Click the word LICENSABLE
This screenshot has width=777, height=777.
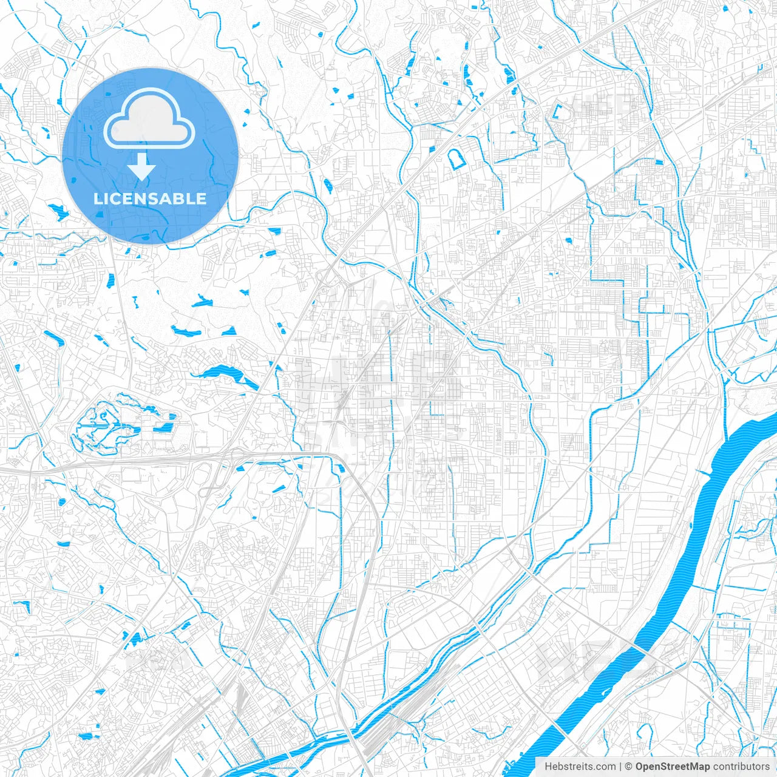(150, 198)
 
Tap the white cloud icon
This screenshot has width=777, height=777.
(149, 120)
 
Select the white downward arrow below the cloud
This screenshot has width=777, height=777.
(141, 167)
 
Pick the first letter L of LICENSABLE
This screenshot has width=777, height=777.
(98, 198)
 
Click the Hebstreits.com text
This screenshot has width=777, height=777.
(580, 767)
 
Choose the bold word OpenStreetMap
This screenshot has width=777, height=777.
(672, 767)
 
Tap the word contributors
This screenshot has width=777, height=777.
(741, 767)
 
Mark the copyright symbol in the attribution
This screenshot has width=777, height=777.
(629, 767)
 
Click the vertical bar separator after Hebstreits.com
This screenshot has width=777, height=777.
(620, 767)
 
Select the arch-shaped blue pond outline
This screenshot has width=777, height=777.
(456, 159)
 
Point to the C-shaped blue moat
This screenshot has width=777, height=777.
(557, 112)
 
